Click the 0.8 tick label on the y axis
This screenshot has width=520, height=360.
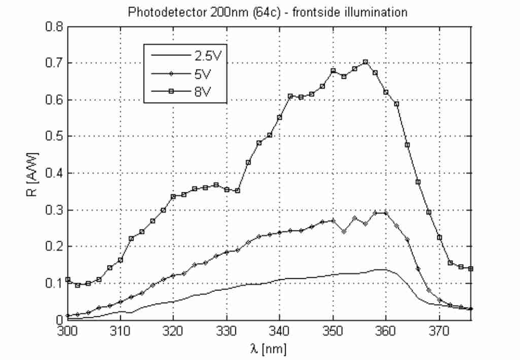pos(53,26)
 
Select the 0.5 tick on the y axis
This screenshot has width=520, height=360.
pos(53,137)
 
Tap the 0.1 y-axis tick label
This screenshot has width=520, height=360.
pos(53,283)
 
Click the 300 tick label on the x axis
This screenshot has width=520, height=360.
pos(67,331)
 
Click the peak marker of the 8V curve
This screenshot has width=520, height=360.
pos(365,62)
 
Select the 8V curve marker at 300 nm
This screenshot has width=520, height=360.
pos(68,279)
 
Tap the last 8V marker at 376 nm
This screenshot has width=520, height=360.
pos(471,268)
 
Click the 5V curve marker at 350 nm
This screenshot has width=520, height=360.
pos(333,220)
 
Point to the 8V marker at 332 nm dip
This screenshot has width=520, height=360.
pos(237,190)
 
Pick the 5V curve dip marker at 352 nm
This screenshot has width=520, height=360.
pos(344,232)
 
